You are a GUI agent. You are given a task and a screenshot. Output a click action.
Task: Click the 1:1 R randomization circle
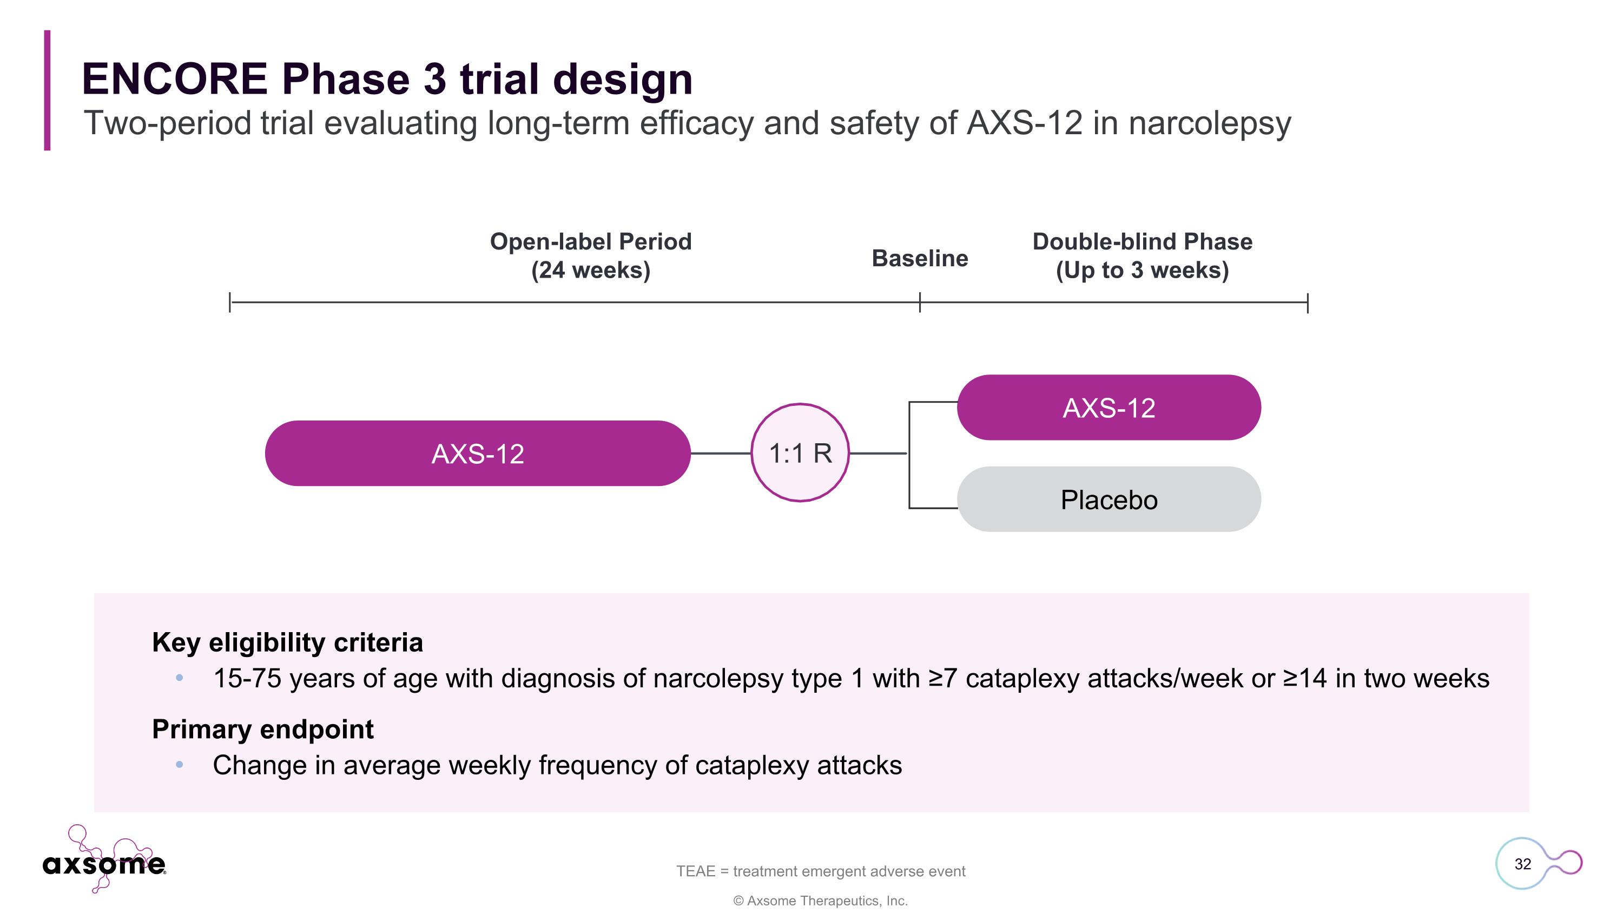point(800,452)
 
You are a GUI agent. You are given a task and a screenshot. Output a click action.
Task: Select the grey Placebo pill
point(1109,499)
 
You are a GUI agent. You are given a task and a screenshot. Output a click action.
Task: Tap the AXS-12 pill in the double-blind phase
point(1109,407)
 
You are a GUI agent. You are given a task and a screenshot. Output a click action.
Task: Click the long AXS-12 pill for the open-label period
point(477,453)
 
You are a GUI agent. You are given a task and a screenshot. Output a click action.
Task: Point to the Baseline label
point(919,258)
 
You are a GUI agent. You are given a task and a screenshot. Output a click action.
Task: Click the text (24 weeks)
point(590,270)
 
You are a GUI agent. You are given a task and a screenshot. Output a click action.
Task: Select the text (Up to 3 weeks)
point(1142,270)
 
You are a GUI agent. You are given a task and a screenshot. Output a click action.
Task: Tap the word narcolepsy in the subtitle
point(1209,123)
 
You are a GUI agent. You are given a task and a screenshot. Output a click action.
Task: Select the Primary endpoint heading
point(263,729)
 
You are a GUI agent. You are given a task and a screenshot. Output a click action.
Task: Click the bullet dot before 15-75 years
point(180,678)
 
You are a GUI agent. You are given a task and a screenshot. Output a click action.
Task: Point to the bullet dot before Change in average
point(180,765)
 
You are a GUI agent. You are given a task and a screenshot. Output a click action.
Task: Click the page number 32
point(1522,864)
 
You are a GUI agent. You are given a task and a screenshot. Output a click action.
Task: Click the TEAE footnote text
point(820,871)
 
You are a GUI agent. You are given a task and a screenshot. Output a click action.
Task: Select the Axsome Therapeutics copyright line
point(820,901)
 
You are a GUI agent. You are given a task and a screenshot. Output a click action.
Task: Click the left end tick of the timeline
point(230,303)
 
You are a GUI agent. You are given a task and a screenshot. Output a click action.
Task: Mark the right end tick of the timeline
point(1308,303)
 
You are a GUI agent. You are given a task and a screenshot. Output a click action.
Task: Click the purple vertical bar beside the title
point(47,90)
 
